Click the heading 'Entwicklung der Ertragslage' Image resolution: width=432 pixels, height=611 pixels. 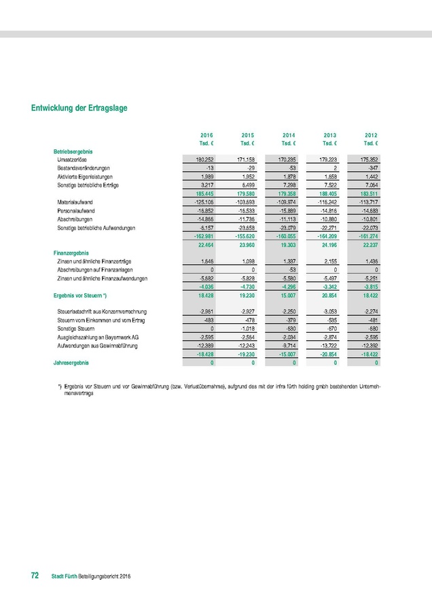[x=79, y=108]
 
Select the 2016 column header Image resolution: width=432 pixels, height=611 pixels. [x=206, y=136]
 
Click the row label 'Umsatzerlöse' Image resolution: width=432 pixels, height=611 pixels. [x=71, y=159]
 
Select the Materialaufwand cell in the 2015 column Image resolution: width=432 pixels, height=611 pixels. [x=244, y=202]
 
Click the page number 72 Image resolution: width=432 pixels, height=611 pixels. [x=35, y=576]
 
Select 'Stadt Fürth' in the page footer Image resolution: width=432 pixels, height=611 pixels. [x=65, y=576]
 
